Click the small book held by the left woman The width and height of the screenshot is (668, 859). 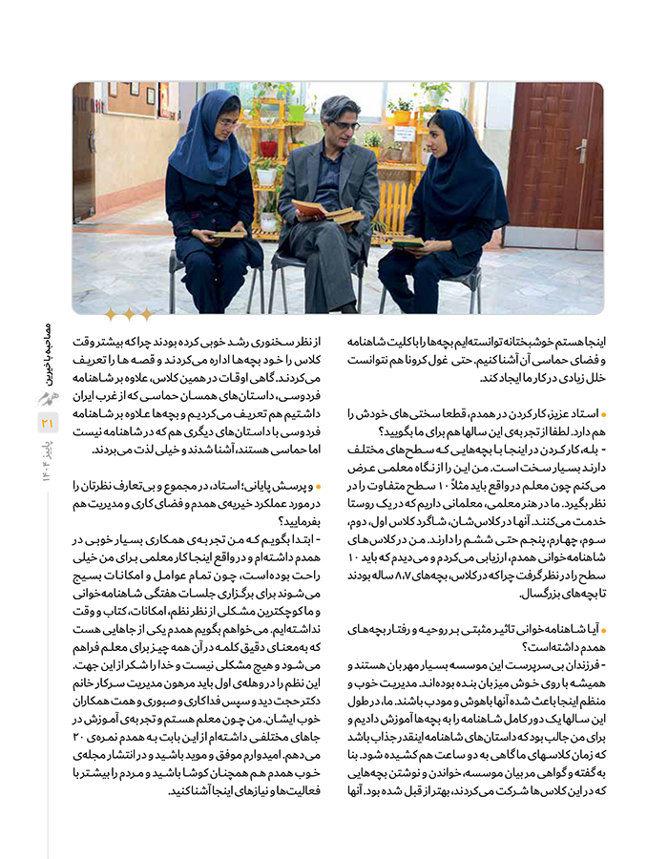point(229,233)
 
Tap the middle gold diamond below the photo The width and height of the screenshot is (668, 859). point(128,314)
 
